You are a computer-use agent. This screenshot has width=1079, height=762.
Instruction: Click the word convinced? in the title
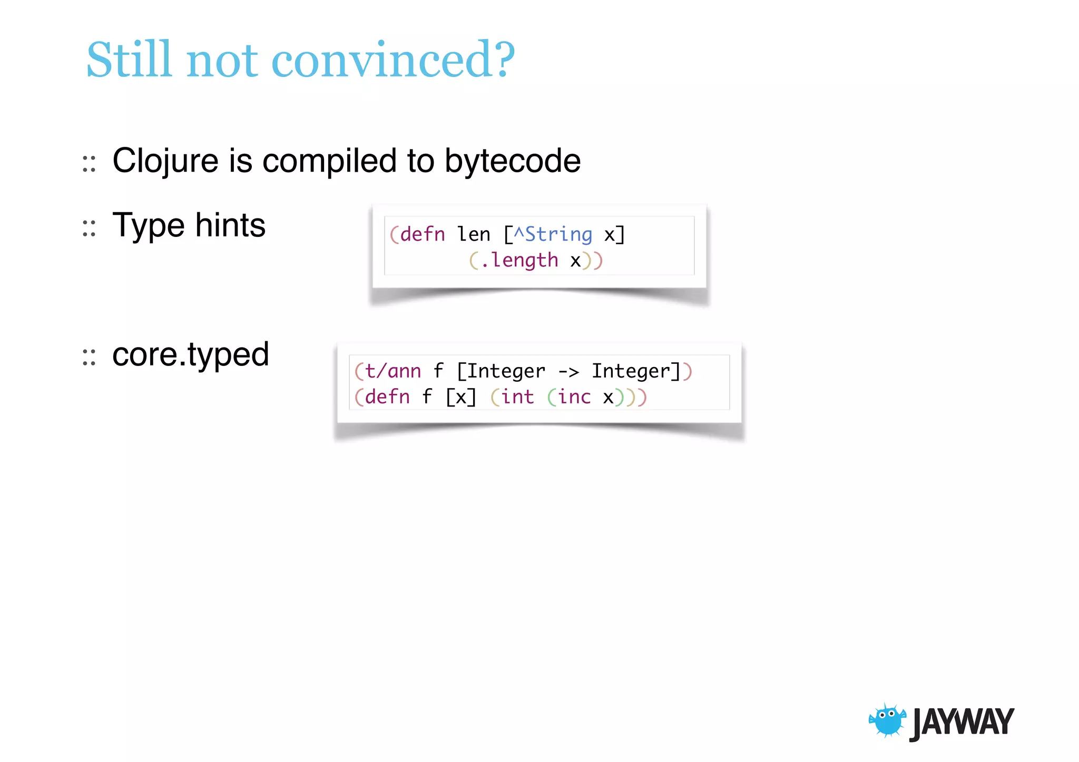tap(393, 60)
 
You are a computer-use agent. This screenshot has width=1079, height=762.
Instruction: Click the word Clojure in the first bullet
tap(165, 161)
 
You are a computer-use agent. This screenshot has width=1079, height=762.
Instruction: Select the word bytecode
tap(512, 161)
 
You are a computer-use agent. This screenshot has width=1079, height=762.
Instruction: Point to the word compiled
tap(329, 161)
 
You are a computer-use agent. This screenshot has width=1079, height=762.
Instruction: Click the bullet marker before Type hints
tap(89, 228)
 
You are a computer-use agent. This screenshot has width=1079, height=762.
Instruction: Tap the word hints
tap(230, 225)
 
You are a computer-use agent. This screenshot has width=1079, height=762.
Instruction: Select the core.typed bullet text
tap(190, 354)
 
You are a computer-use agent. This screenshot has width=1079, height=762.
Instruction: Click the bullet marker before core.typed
tap(89, 358)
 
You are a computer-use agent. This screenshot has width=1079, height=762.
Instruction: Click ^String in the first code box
tap(553, 234)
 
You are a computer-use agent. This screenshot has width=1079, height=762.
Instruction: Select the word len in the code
tap(474, 234)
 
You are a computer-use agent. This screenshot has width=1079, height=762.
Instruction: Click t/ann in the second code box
tap(393, 371)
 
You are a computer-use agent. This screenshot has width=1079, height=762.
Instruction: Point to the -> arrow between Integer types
tap(568, 372)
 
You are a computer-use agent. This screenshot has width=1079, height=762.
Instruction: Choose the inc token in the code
tap(574, 397)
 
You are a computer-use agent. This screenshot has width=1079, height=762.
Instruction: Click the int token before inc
tap(517, 397)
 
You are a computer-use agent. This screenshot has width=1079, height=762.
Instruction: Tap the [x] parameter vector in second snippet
tap(461, 397)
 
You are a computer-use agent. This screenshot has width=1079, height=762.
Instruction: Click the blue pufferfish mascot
tap(887, 720)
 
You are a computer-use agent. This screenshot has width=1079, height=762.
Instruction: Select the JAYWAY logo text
tap(962, 722)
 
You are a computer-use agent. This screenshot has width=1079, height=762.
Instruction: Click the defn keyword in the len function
tap(423, 234)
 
